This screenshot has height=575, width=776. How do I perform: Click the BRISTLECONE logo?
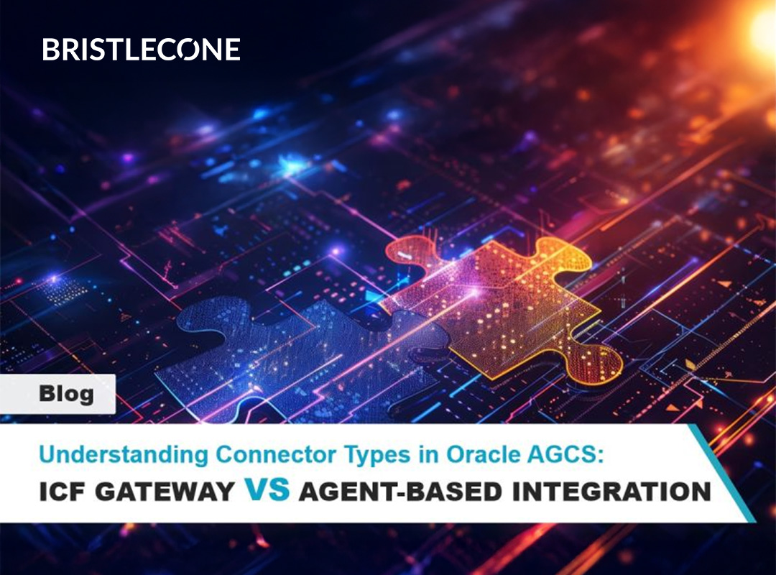point(141,50)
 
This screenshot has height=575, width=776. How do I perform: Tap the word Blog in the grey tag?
point(66,394)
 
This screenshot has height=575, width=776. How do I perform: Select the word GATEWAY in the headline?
point(165,492)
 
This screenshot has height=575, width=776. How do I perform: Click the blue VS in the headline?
point(267,489)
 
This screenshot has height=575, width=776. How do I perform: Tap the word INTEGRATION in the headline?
point(611,492)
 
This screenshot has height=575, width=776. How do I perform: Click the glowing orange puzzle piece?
point(500,307)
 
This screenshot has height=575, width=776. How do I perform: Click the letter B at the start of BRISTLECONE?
point(51,50)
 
